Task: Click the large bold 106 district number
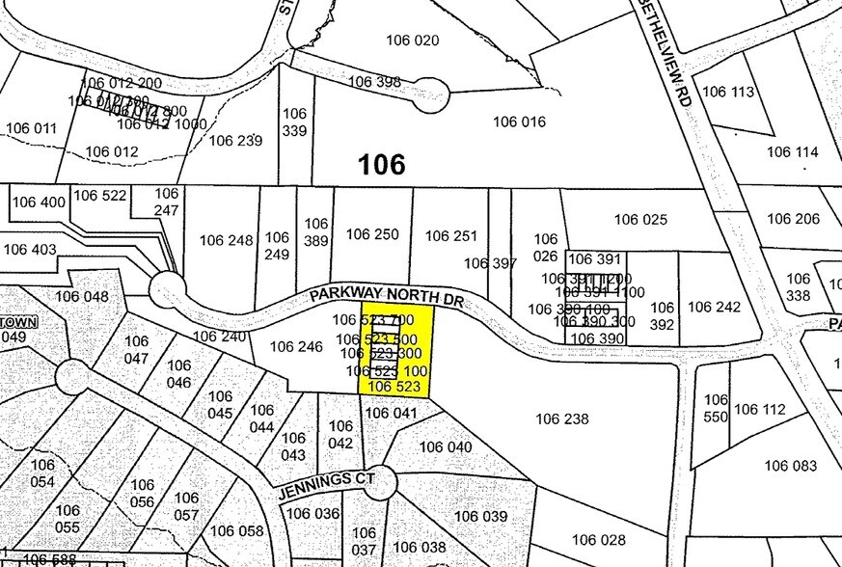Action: (x=381, y=165)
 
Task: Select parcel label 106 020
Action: (x=412, y=40)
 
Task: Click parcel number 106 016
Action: (x=519, y=121)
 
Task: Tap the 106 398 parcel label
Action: (x=373, y=81)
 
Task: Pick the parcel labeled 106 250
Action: (x=371, y=234)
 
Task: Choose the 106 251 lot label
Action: (x=450, y=235)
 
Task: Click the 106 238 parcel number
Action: (x=561, y=418)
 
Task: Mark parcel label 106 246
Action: (x=295, y=346)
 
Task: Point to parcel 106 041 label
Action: (x=391, y=413)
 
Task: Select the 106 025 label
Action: (x=640, y=219)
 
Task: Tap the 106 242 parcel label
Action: (x=714, y=307)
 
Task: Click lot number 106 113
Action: (x=727, y=92)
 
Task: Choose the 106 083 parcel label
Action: (x=790, y=466)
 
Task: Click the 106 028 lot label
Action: (x=598, y=539)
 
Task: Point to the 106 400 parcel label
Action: (x=39, y=202)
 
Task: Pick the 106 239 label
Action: (x=235, y=140)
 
